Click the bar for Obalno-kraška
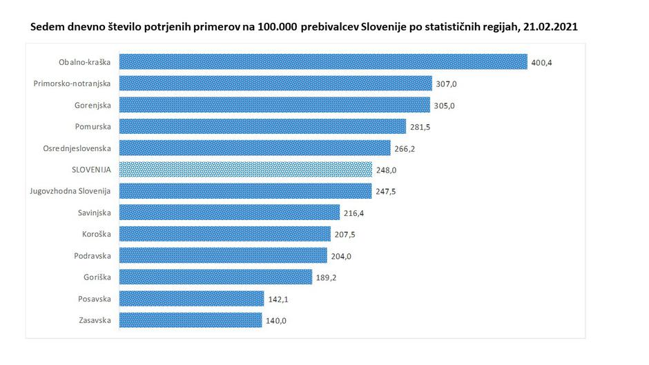click(x=323, y=62)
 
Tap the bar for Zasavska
click(x=191, y=320)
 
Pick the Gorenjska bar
click(x=275, y=105)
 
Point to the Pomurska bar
click(x=262, y=126)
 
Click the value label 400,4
click(x=542, y=62)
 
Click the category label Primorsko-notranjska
click(x=72, y=83)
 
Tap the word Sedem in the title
click(x=46, y=28)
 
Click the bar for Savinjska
click(x=229, y=213)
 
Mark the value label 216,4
click(x=354, y=213)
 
